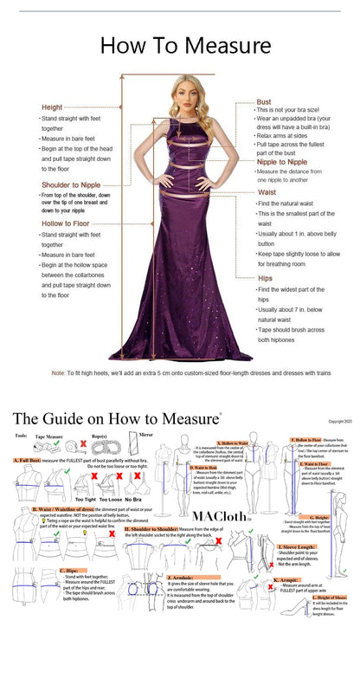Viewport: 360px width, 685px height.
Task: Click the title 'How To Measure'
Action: (185, 45)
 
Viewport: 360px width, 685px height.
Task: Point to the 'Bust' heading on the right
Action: (263, 102)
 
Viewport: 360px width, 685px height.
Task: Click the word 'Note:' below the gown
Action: (59, 373)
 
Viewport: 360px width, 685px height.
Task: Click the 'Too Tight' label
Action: (85, 500)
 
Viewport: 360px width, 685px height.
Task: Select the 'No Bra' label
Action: (134, 500)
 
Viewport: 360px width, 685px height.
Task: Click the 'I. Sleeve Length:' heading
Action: (296, 546)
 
